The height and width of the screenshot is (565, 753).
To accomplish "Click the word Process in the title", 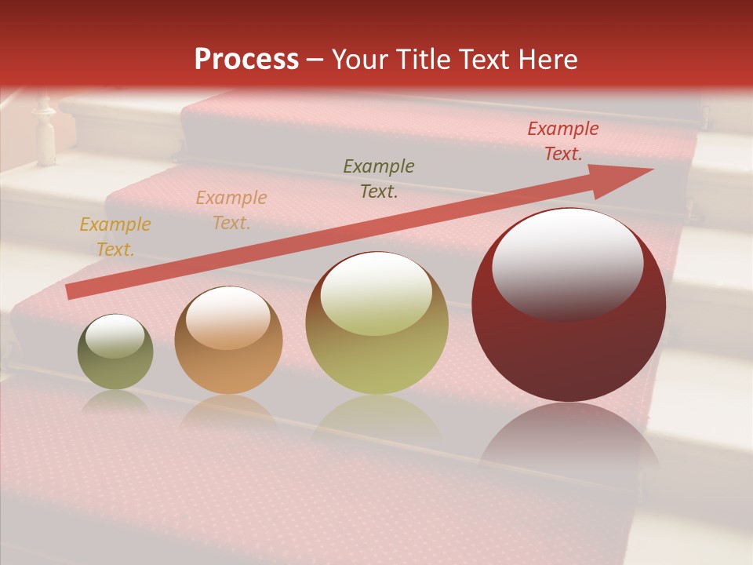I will tap(246, 60).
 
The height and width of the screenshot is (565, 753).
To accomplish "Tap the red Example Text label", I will tap(562, 141).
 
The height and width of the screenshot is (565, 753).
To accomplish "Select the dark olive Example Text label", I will tap(379, 179).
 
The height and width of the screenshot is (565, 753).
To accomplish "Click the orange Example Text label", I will tap(231, 210).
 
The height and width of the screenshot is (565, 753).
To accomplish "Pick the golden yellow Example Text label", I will tap(115, 237).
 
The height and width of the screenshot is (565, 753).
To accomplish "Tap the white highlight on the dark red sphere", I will tap(567, 263).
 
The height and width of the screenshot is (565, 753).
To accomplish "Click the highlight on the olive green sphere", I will tap(115, 336).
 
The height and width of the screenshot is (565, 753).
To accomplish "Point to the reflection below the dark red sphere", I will tap(569, 439).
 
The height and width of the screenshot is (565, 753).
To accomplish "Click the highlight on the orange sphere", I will tap(227, 317).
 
